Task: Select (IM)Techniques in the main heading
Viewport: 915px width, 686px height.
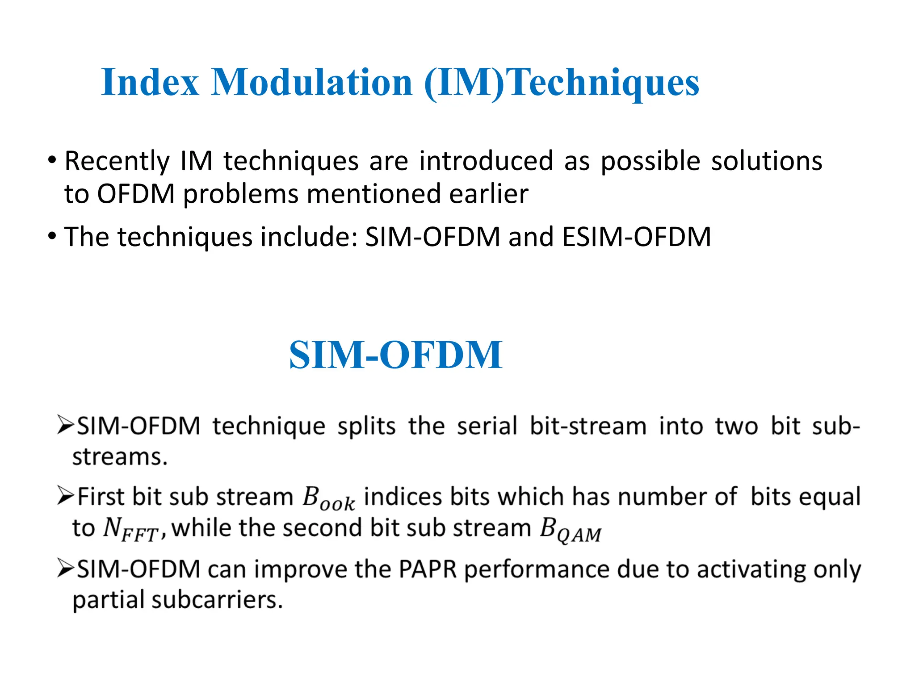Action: click(x=561, y=83)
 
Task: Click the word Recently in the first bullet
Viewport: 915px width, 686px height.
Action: click(x=117, y=162)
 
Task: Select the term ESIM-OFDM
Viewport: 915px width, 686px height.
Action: click(x=636, y=237)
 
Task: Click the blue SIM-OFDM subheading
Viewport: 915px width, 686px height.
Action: click(x=396, y=355)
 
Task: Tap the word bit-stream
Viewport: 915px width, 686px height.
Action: click(x=588, y=426)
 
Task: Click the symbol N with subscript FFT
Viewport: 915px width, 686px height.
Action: click(x=130, y=530)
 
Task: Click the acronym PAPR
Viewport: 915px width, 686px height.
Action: click(x=427, y=569)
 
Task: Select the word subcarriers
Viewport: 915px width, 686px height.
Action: click(x=217, y=600)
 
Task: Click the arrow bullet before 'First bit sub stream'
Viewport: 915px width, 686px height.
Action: click(x=65, y=496)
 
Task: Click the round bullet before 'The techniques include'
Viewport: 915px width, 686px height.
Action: click(x=53, y=235)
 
